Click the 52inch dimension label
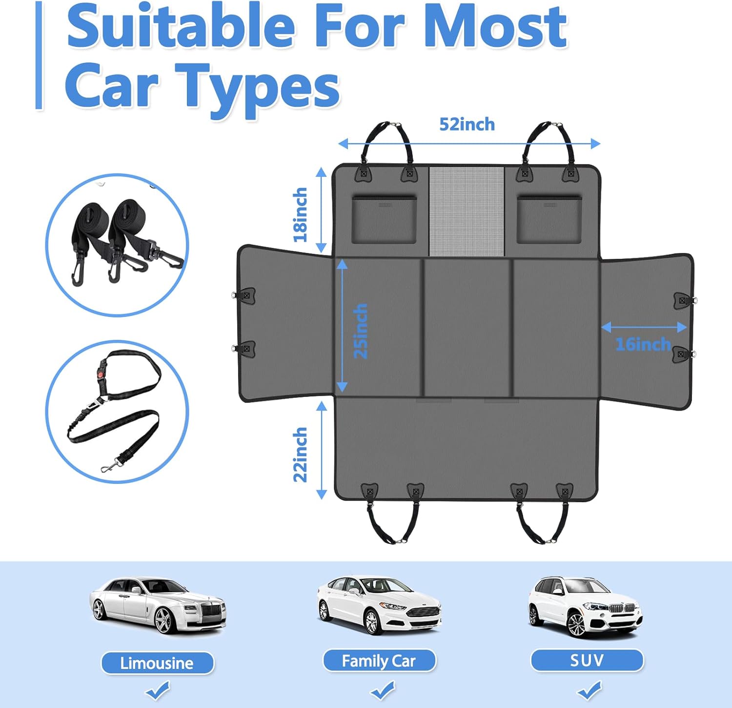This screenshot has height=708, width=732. pos(467,125)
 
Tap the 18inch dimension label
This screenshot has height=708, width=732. pos(300,215)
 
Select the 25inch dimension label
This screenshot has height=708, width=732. pos(360,331)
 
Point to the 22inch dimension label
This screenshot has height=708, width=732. pos(300,455)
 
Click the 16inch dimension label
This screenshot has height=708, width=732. pos(643,344)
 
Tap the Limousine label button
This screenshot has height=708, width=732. pos(157,663)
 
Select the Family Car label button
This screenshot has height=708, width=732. pos(379,661)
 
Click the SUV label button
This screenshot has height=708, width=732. pos(587,660)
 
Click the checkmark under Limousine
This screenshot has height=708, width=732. pos(158,691)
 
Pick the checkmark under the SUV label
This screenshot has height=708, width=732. pos(590,690)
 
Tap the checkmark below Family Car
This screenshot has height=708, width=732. pos(382,690)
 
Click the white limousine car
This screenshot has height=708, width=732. pos(158,606)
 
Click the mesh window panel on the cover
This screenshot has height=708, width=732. pos(466,211)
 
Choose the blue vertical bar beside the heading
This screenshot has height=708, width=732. pos(39,55)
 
